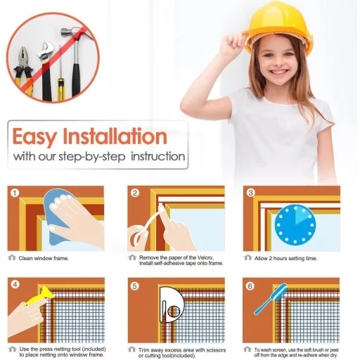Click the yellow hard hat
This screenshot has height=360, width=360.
coord(279,28)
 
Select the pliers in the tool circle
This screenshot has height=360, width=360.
coord(24,70)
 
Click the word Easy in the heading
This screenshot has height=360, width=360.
coord(34,136)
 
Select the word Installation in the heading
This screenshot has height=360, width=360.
coord(115,136)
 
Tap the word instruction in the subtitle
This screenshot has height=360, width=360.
coord(158,156)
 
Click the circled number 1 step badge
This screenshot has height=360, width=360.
coord(15,193)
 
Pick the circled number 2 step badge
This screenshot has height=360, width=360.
coord(135,193)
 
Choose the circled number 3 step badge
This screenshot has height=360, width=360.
coord(250,193)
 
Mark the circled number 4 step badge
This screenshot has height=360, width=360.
coord(15,285)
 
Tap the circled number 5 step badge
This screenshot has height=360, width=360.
coord(135,286)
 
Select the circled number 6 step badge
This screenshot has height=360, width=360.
coord(250,286)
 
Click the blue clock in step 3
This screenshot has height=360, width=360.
coord(295,225)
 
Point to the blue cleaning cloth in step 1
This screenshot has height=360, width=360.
coord(58,217)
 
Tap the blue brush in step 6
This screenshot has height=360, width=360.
coord(272,298)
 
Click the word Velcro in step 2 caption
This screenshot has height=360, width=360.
coord(205,257)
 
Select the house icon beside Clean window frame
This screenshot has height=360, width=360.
coord(12,257)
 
